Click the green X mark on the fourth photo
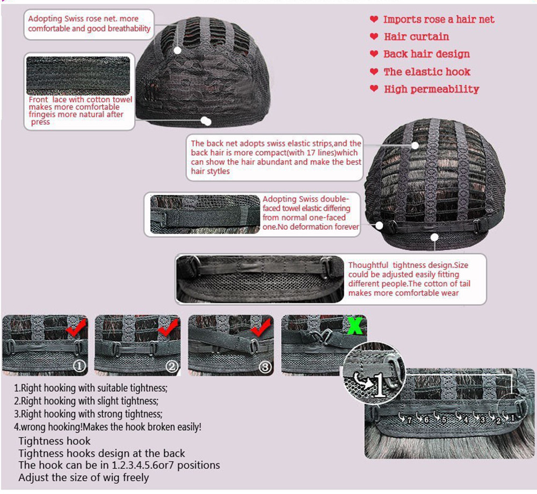(x=355, y=325)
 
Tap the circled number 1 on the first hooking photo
(x=79, y=366)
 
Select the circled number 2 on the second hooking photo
(x=172, y=366)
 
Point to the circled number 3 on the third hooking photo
(x=265, y=367)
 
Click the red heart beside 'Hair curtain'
(x=374, y=37)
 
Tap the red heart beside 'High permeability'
(x=374, y=89)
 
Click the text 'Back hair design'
(x=426, y=54)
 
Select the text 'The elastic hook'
(x=427, y=72)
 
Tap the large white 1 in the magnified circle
(x=380, y=384)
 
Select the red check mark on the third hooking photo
(x=261, y=327)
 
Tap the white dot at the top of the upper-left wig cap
(x=177, y=50)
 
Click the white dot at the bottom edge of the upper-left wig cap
(x=206, y=121)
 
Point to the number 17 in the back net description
(x=310, y=152)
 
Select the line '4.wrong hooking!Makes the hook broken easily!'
(x=107, y=427)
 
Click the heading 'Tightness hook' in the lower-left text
(x=54, y=441)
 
